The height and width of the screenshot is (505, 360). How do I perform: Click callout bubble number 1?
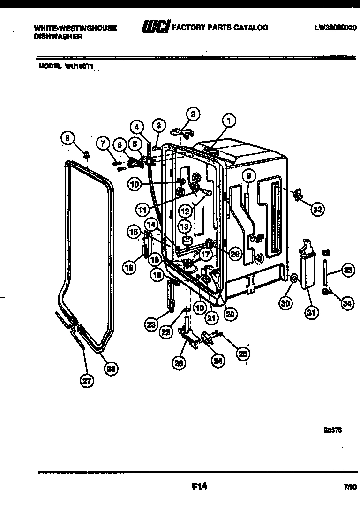[x=228, y=121]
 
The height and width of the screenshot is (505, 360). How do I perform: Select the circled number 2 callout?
[x=192, y=113]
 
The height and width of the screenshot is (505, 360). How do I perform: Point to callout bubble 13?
[x=185, y=226]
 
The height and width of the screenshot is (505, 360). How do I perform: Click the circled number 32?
[x=317, y=210]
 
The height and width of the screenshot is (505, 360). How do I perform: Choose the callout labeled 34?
[x=346, y=304]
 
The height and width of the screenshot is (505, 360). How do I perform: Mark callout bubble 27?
[x=86, y=381]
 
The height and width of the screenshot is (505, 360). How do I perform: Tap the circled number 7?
[x=103, y=143]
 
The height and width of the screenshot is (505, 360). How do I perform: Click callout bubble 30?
[x=285, y=303]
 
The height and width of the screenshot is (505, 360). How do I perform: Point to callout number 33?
[x=347, y=270]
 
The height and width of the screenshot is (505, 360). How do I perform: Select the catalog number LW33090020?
[x=336, y=28]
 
